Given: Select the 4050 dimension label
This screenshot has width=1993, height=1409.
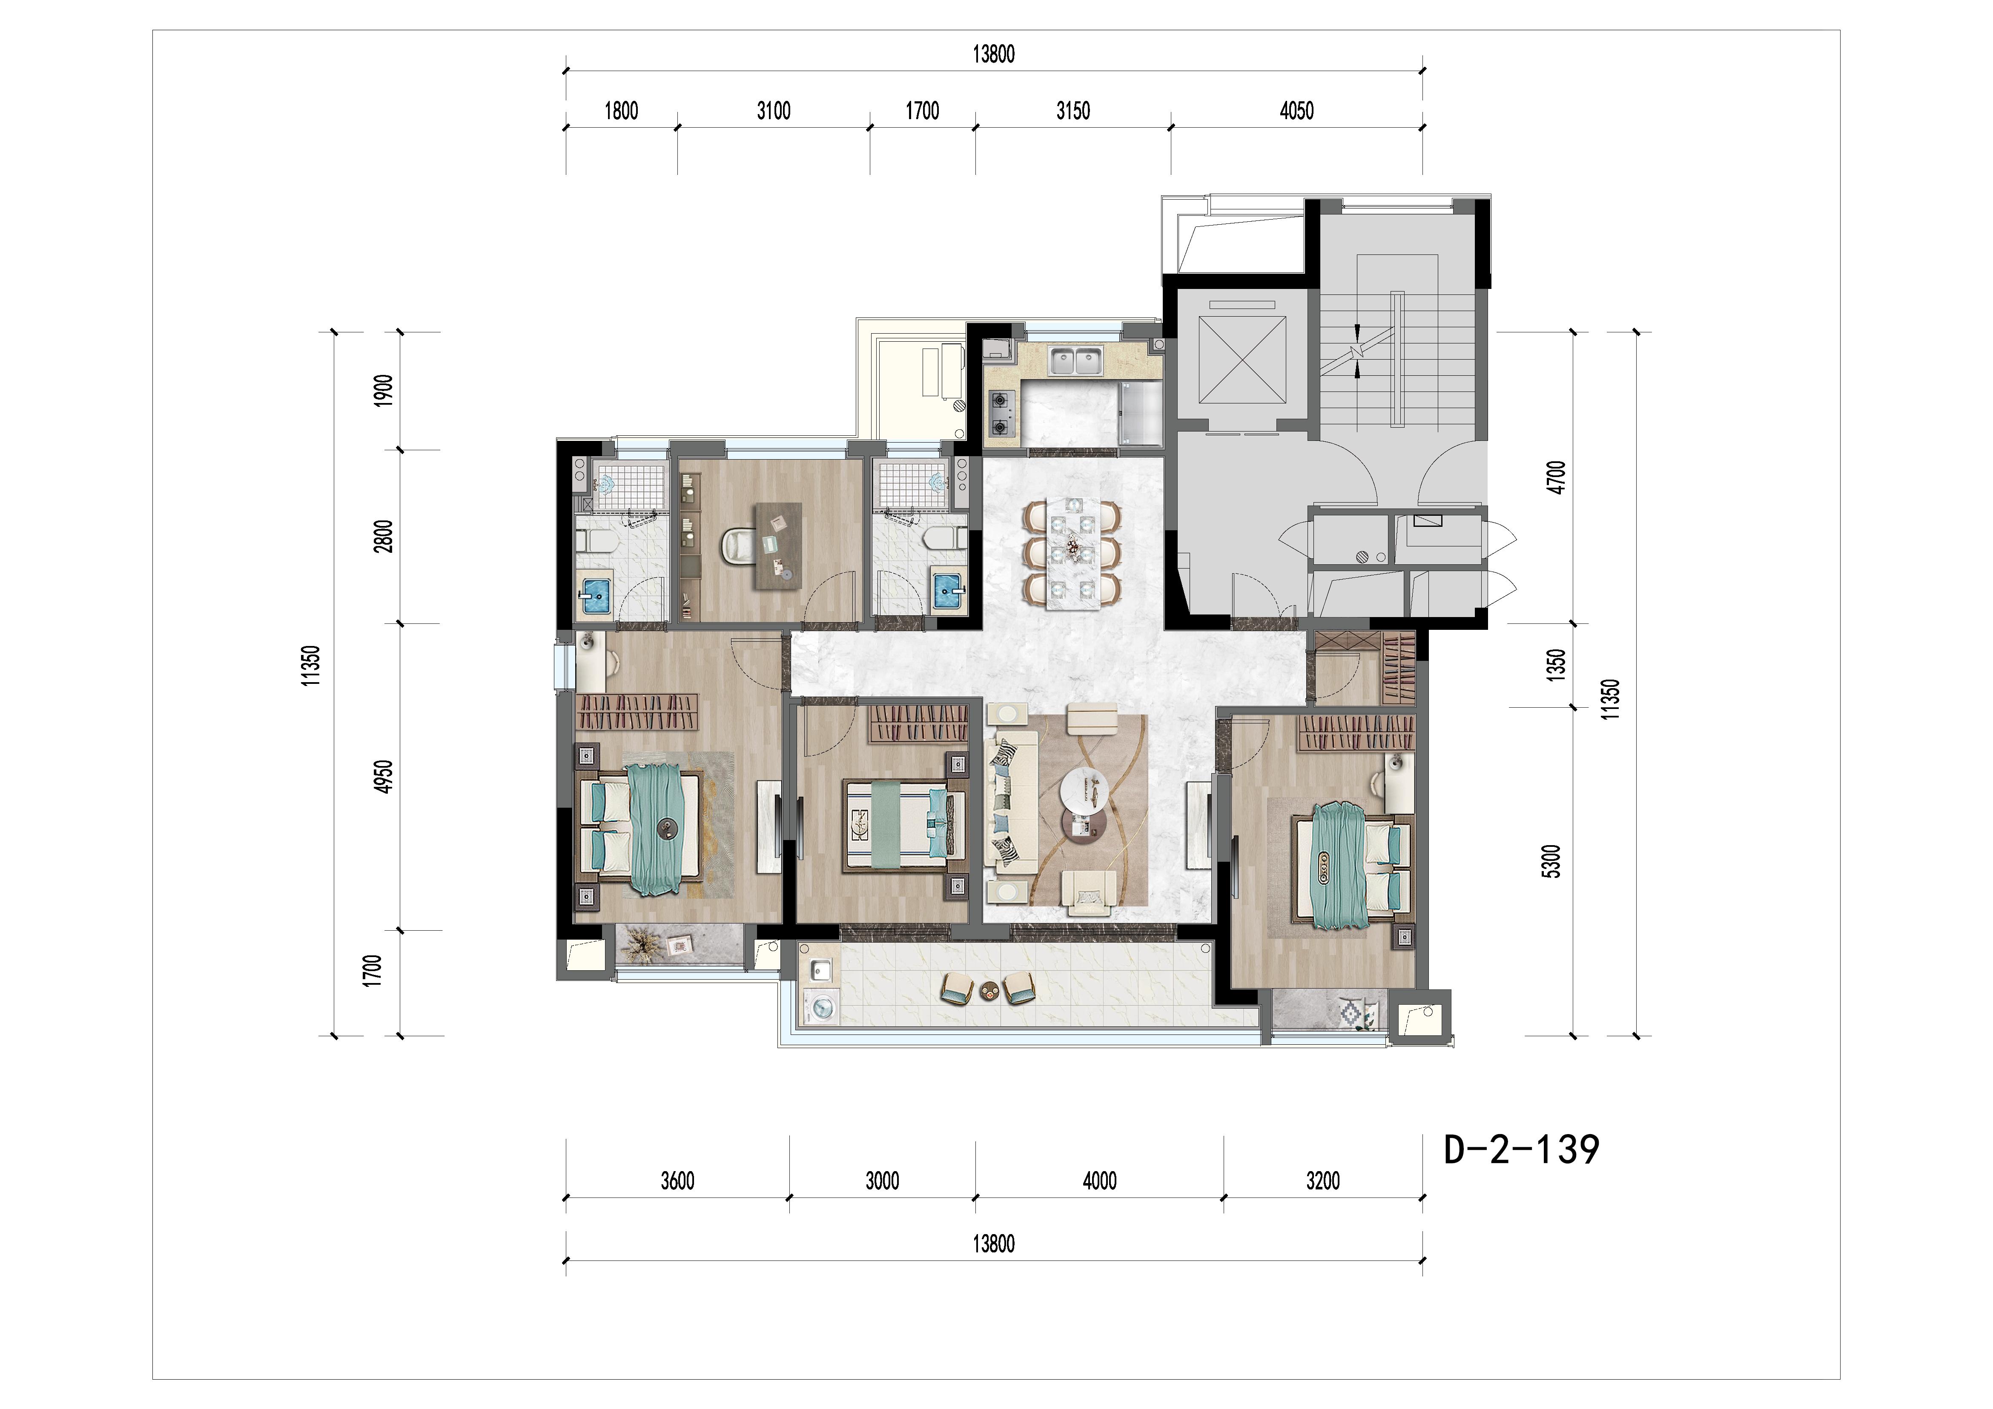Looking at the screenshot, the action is point(1297,111).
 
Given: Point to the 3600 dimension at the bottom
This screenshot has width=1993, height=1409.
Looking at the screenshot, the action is point(677,1181).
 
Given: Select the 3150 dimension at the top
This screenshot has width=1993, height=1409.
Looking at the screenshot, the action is point(1073,111).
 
